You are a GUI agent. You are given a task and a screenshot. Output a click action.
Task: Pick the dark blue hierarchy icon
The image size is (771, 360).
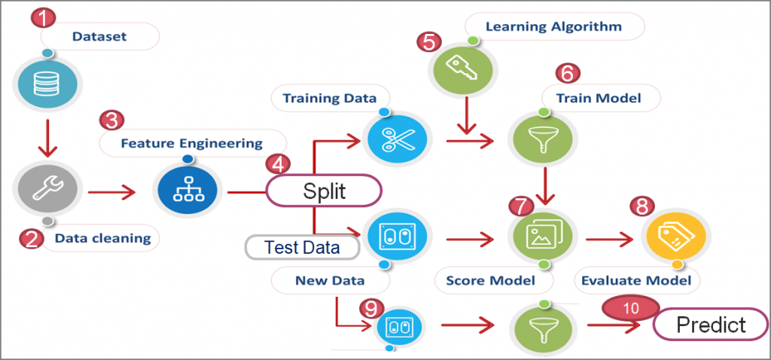pyautogui.click(x=184, y=192)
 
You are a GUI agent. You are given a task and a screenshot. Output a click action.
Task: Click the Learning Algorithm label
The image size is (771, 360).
pyautogui.click(x=553, y=27)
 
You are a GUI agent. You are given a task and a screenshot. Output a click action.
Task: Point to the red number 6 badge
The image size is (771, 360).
pyautogui.click(x=568, y=72)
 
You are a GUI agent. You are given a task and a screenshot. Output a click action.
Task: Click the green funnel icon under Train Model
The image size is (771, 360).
pyautogui.click(x=543, y=140)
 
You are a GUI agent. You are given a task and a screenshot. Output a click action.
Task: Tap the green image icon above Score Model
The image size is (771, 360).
pyautogui.click(x=542, y=234)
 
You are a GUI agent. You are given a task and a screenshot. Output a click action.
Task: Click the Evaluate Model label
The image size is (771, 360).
pyautogui.click(x=636, y=280)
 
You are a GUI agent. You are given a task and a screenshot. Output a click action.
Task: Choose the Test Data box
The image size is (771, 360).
pyautogui.click(x=302, y=246)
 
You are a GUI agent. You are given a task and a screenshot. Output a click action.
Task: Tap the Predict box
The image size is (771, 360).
pyautogui.click(x=711, y=325)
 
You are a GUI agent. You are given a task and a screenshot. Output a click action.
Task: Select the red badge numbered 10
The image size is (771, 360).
pyautogui.click(x=630, y=308)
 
